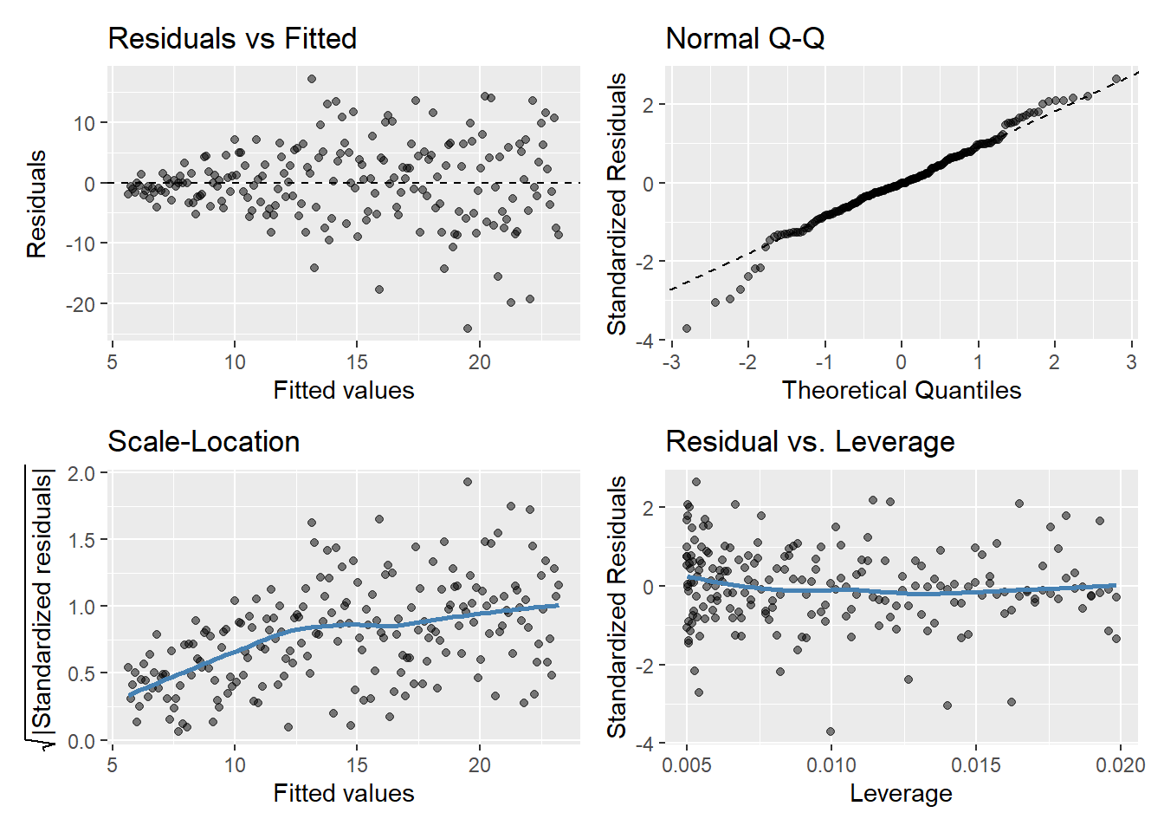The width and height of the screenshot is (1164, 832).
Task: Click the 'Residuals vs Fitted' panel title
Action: point(232,39)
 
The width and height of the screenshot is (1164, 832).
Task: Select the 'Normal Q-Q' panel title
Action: point(745,39)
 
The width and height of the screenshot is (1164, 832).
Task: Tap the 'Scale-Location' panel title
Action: point(204,442)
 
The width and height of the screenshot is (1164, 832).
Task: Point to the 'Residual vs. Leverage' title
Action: point(810,442)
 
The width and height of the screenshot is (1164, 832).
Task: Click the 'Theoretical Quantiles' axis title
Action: point(901,390)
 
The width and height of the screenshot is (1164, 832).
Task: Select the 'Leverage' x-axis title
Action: point(901,793)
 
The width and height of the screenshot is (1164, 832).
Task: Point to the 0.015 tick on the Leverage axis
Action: point(975,765)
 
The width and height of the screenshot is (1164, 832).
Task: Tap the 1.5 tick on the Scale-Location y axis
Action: point(81,540)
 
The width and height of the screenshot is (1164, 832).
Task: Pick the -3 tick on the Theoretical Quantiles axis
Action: point(671,362)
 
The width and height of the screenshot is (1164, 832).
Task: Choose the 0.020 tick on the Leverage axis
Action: point(1120,765)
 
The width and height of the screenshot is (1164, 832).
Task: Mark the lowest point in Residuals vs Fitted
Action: point(468,328)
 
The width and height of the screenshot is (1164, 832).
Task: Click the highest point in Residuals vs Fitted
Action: point(312,79)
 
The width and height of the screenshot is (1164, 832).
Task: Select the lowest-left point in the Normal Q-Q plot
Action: point(687,328)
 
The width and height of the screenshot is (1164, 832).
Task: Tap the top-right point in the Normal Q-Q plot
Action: point(1116,79)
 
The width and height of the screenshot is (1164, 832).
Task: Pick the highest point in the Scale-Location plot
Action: point(468,482)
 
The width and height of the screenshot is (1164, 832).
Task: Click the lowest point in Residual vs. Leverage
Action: point(831,731)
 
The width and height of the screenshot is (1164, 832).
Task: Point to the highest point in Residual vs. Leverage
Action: point(695,482)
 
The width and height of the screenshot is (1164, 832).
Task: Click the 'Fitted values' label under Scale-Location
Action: point(344,793)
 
